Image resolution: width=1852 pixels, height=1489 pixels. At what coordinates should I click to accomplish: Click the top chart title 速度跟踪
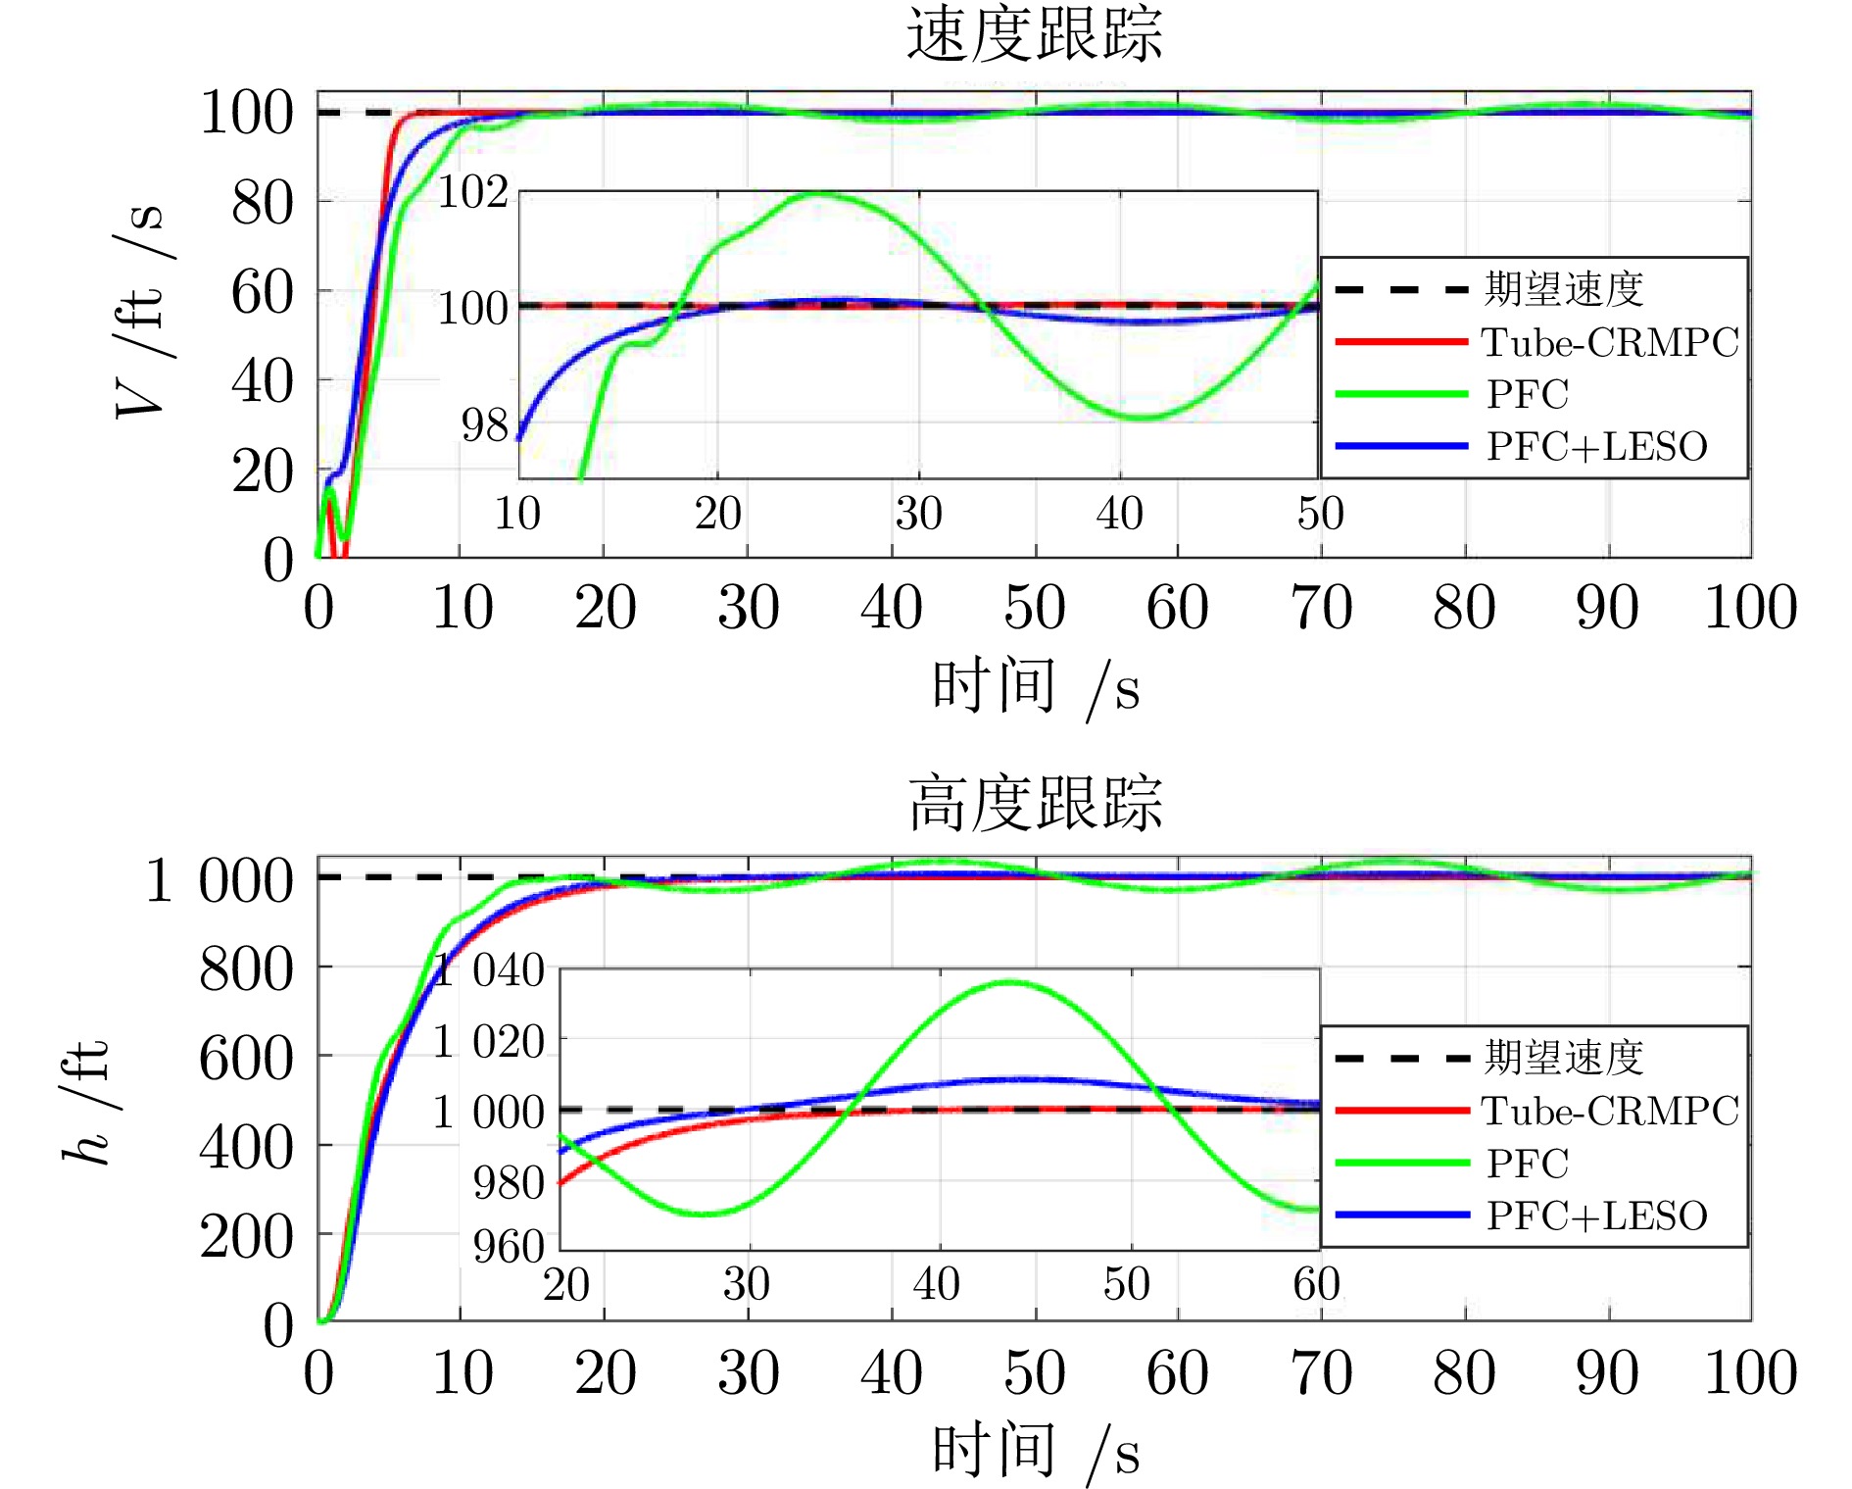coord(1034,35)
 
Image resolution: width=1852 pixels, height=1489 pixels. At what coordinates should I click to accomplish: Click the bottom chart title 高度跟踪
coord(1034,804)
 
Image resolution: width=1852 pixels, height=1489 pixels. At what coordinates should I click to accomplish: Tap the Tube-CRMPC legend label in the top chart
coord(1609,342)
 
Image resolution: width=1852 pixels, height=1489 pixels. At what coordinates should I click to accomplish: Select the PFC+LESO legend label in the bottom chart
coord(1596,1216)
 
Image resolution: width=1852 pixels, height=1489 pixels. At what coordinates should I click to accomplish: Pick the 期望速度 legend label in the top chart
coord(1563,289)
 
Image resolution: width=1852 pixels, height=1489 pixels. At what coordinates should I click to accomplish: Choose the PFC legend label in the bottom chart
coord(1527,1164)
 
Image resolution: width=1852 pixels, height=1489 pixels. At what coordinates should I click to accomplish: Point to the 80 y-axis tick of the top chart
coord(262,203)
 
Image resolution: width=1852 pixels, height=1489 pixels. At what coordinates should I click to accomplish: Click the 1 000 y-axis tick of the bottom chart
coord(219,879)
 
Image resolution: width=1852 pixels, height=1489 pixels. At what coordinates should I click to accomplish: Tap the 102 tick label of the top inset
coord(472,191)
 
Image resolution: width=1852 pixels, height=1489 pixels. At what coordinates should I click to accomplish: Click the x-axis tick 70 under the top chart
coord(1321,608)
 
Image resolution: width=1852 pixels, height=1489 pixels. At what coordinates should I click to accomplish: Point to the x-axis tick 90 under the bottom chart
coord(1607,1372)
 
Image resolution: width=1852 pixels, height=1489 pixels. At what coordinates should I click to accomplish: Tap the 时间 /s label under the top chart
coord(1034,686)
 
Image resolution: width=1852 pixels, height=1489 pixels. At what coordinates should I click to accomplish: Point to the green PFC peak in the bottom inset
coord(1009,982)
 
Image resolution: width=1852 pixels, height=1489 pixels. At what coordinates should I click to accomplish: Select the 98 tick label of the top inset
coord(484,425)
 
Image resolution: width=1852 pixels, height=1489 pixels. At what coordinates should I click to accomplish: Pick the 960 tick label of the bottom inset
coord(508,1246)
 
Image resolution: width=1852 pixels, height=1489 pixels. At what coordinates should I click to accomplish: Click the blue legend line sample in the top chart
coord(1401,446)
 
